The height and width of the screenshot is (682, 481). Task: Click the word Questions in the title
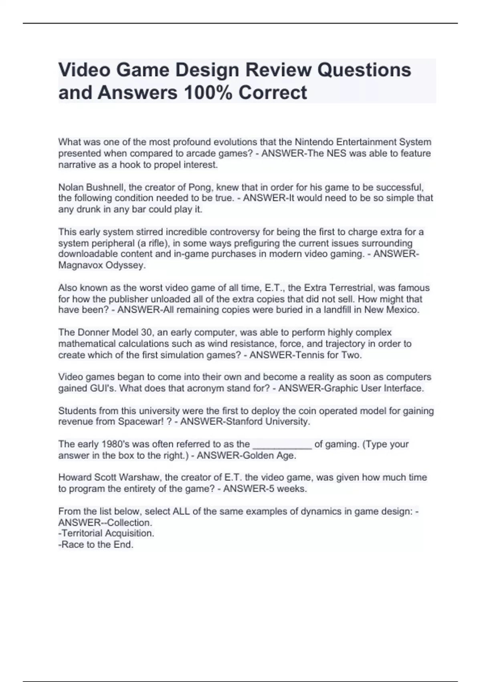pyautogui.click(x=364, y=70)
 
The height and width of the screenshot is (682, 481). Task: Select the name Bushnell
pyautogui.click(x=105, y=187)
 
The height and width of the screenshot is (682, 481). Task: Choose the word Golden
pyautogui.click(x=258, y=455)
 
